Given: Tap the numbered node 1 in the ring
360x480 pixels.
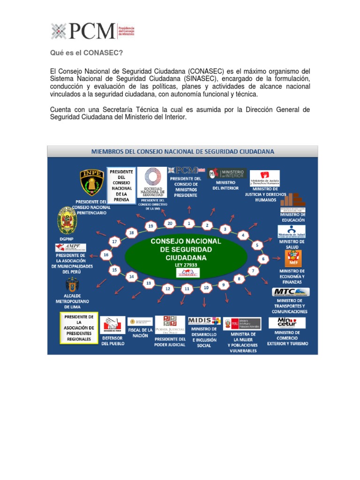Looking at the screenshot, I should click(x=188, y=223).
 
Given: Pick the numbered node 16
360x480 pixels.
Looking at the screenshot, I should click(x=106, y=255).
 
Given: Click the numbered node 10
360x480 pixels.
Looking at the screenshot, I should click(x=205, y=287).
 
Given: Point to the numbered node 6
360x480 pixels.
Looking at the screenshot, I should click(x=263, y=259).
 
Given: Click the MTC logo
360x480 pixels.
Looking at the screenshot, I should click(x=291, y=292).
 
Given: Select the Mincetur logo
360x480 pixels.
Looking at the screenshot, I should click(x=287, y=322).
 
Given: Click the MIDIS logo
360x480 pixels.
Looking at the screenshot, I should click(x=204, y=321).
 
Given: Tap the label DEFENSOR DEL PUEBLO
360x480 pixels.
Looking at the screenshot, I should click(x=113, y=340).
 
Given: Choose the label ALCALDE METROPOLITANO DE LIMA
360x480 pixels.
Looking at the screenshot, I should click(x=72, y=301).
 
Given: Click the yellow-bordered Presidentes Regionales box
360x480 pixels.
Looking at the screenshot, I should click(x=78, y=328).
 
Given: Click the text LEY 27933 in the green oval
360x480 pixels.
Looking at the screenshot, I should click(x=187, y=265).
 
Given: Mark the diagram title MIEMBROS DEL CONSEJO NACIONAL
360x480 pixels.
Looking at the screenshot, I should click(x=183, y=151).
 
